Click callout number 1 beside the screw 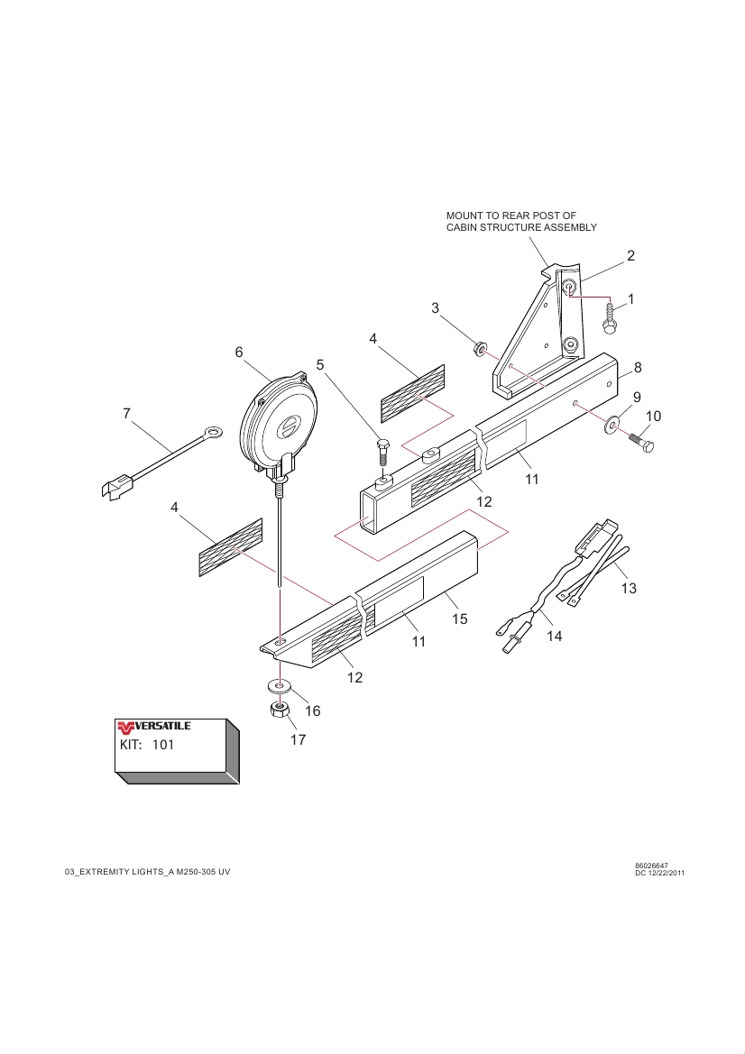coord(631,298)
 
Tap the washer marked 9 coord(615,422)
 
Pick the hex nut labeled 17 coord(280,711)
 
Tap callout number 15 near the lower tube coord(460,619)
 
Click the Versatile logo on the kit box coord(153,727)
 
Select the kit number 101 coord(163,746)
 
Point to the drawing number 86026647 coord(651,866)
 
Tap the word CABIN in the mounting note coord(464,227)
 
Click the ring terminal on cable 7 coord(213,433)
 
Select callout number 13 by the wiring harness coord(629,589)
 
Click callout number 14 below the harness coord(554,636)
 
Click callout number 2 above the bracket coord(631,255)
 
